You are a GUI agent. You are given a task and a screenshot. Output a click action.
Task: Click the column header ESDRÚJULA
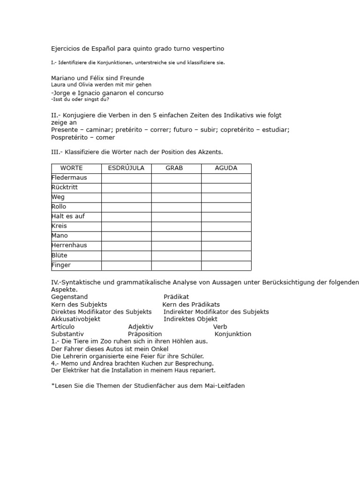pos(126,168)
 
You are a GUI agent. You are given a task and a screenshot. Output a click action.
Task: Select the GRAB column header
pos(174,168)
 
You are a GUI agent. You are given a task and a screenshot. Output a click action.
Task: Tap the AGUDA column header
pos(226,168)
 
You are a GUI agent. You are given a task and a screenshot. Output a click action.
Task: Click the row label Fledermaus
pos(69,178)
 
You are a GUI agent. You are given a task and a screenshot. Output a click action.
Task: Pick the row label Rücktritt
pos(65,187)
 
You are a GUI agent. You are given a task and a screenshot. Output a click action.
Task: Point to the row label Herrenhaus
pos(69,245)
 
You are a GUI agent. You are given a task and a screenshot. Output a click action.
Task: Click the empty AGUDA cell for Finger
pos(226,265)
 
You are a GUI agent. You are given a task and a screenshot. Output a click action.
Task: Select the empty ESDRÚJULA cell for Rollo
pos(126,207)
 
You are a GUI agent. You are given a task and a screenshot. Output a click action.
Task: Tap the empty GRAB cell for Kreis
pos(176,226)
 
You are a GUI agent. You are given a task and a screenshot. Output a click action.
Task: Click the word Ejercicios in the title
pos(66,49)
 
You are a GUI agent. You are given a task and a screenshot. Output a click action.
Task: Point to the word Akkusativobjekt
pos(75,319)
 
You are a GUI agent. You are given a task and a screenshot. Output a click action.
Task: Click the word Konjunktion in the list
pos(233,334)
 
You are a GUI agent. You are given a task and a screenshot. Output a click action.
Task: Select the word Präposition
pos(145,334)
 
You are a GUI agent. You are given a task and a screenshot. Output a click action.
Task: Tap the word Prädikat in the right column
pos(176,297)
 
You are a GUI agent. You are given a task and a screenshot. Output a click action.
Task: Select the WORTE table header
pos(71,168)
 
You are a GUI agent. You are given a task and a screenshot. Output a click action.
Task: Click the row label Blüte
pos(59,255)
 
